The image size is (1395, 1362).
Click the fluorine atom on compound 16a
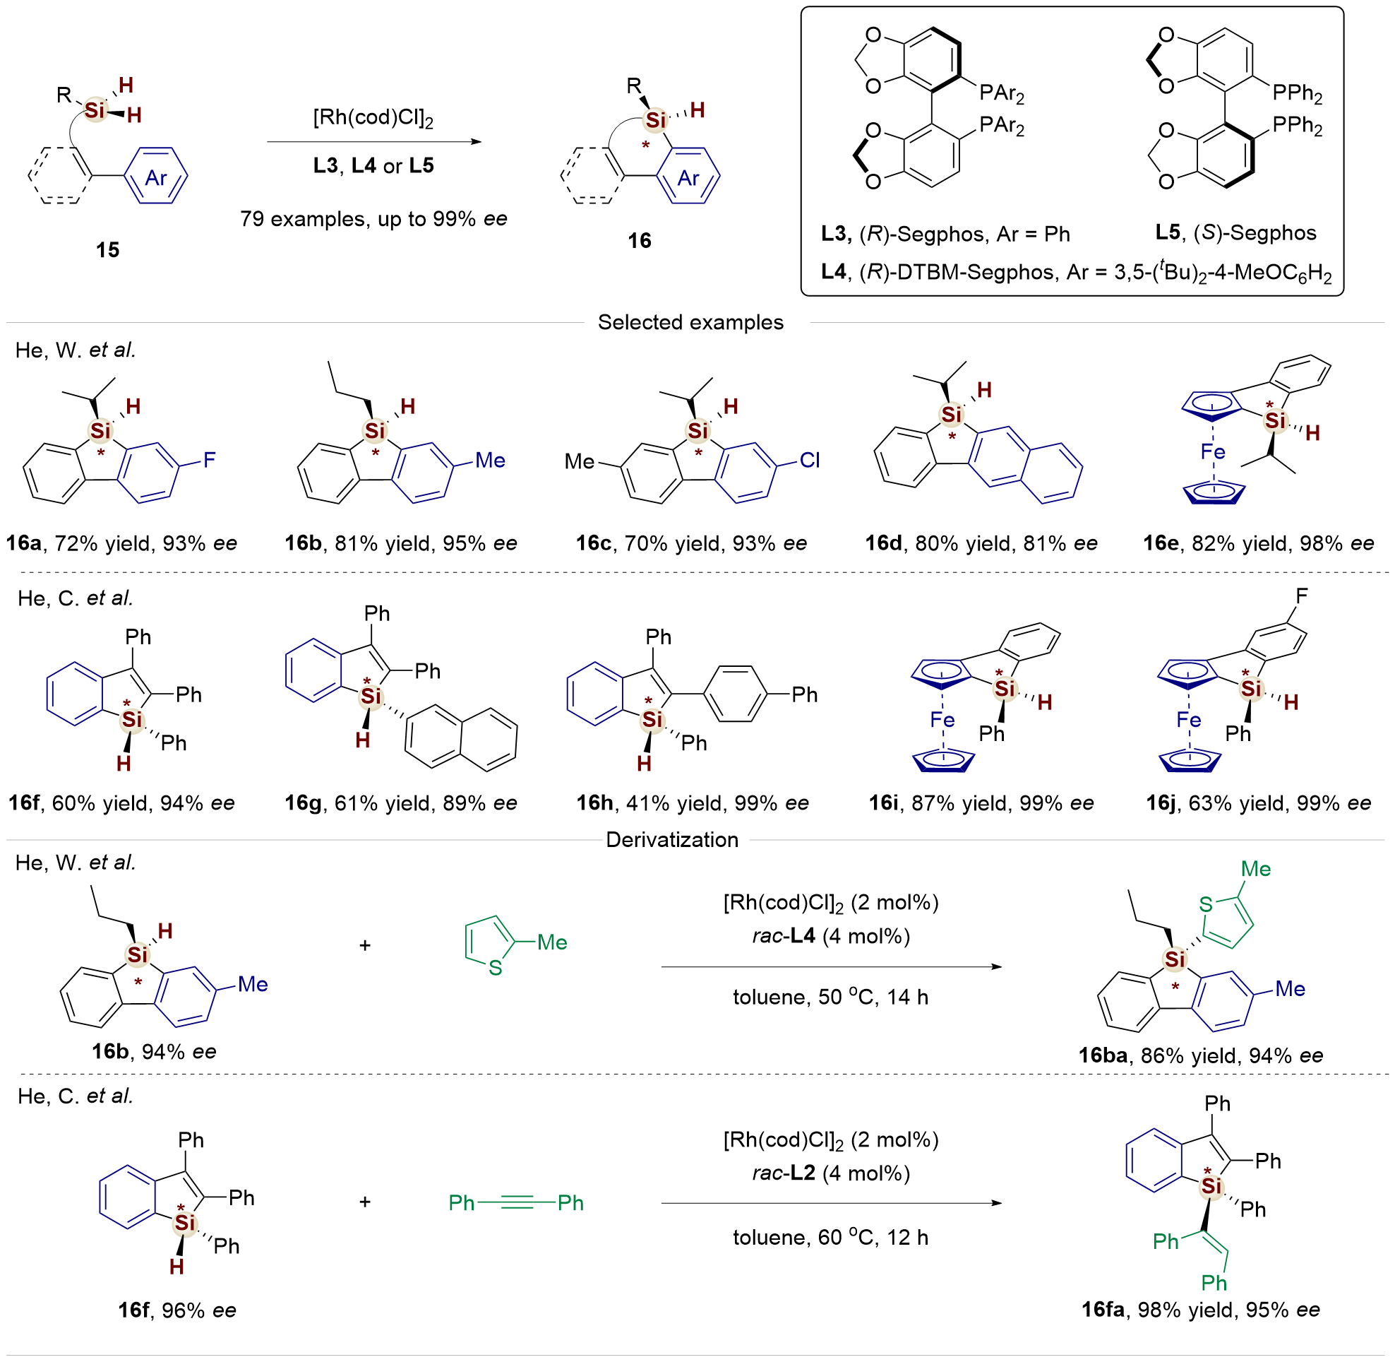[x=209, y=460]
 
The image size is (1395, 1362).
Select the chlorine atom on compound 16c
[x=810, y=460]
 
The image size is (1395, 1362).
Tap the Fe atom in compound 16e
[x=1213, y=452]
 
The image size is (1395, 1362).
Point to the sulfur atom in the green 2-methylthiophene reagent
[x=495, y=969]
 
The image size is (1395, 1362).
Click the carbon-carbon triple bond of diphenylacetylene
[x=517, y=1203]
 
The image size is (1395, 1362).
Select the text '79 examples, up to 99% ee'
[x=373, y=219]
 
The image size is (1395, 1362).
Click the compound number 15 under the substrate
[x=107, y=249]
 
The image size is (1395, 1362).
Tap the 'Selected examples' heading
[x=690, y=323]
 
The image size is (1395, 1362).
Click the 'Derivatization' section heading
[x=671, y=840]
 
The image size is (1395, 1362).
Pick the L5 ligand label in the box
[x=1168, y=232]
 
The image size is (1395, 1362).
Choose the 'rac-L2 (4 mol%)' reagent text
[x=830, y=1173]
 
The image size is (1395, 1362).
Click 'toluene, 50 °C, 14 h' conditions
[x=830, y=997]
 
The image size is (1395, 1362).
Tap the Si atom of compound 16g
[x=371, y=696]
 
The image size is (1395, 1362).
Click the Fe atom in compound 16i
[x=942, y=720]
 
